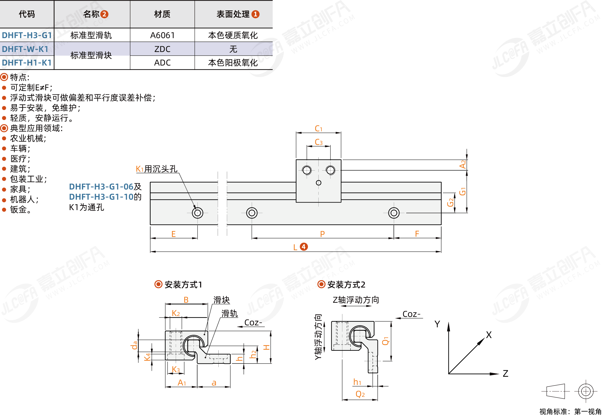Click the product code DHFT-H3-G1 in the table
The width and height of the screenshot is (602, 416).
coord(27,35)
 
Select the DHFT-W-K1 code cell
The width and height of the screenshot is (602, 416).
coord(25,49)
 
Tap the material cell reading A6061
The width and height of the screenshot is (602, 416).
coord(162,35)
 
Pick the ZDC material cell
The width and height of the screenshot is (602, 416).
coord(162,49)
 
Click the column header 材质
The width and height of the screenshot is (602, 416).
coord(162,14)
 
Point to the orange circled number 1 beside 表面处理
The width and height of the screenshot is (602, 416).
coord(255,14)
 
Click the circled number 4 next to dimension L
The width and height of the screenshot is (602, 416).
coord(304,247)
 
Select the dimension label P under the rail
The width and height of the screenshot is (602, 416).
coord(322,234)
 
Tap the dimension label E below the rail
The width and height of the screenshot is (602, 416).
coord(173,234)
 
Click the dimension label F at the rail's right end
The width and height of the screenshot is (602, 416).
coord(417,234)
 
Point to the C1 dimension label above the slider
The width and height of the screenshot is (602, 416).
coord(318,129)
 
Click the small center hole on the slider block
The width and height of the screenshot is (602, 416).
coord(319,183)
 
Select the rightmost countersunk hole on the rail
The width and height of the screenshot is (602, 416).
coord(394,213)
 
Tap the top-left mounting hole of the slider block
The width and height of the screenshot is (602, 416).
coord(307,170)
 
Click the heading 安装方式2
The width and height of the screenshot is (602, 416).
coord(346,285)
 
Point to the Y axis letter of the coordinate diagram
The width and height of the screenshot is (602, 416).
coord(437,324)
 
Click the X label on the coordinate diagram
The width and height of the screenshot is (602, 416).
coord(489,335)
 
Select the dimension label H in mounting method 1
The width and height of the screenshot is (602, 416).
coord(266,347)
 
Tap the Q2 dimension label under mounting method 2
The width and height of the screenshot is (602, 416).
coord(360,394)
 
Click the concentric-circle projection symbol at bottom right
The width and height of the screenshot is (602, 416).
coord(586,391)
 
